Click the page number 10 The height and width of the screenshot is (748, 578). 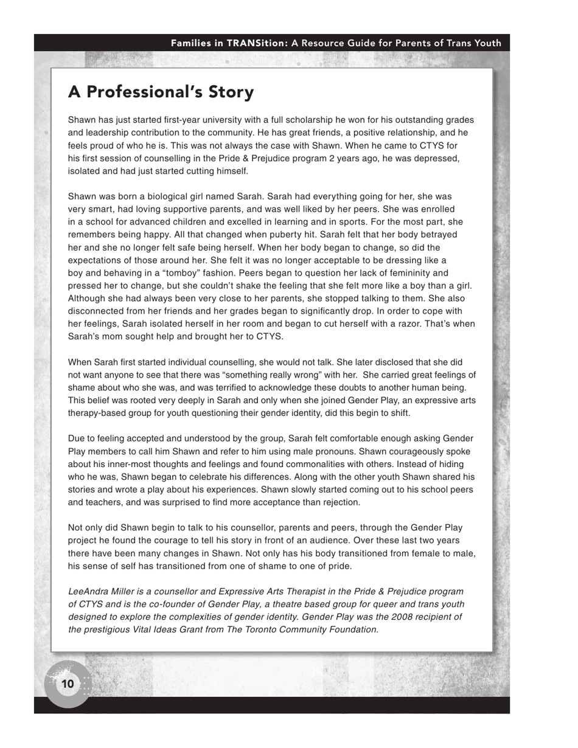coord(68,684)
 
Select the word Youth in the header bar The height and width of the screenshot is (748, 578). coord(485,43)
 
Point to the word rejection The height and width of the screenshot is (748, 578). coord(339,502)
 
